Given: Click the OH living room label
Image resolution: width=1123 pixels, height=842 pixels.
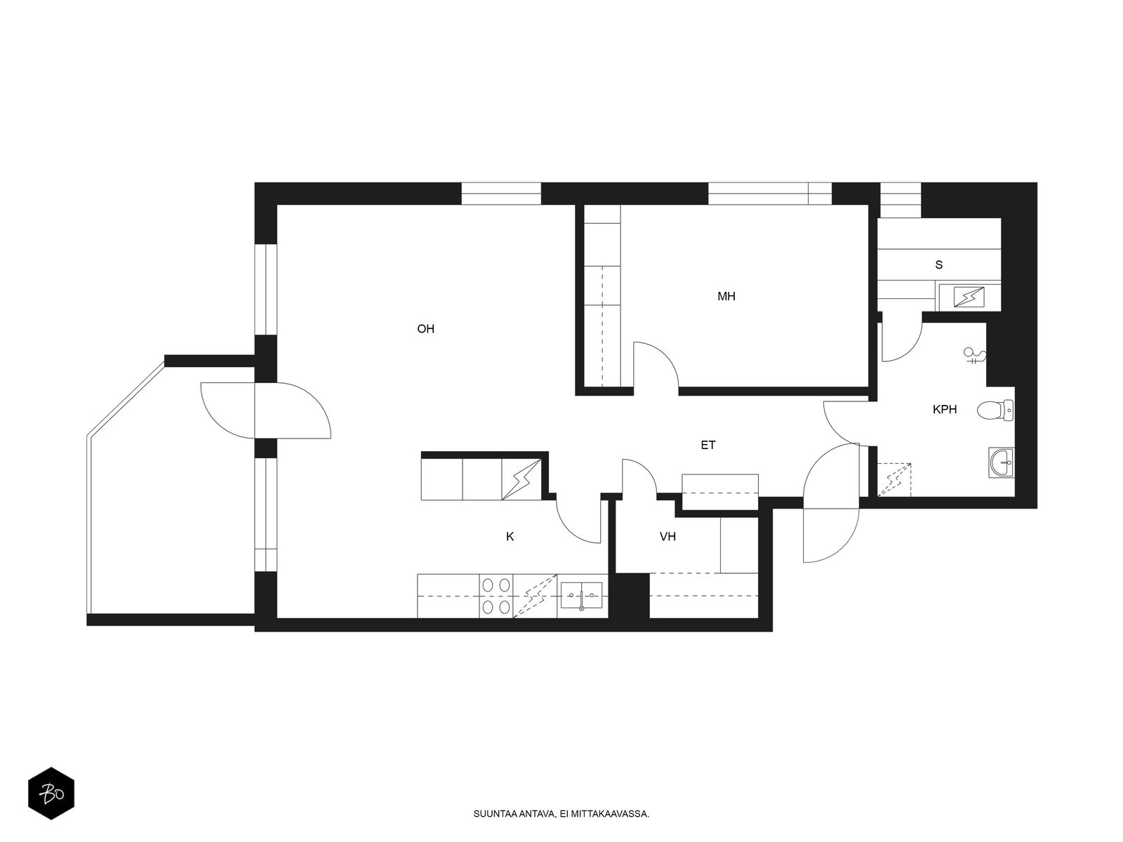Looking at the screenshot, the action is pyautogui.click(x=425, y=328).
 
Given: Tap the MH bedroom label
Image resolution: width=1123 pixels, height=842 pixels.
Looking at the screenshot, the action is pyautogui.click(x=726, y=296).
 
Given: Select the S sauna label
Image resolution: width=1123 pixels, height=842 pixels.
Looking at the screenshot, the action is pyautogui.click(x=939, y=265).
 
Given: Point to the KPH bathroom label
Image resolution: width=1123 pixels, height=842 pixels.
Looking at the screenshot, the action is pyautogui.click(x=945, y=409).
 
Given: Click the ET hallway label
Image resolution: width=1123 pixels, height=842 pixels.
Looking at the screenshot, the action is pyautogui.click(x=708, y=446).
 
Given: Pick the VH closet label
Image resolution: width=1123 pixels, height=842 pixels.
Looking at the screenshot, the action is pyautogui.click(x=667, y=536).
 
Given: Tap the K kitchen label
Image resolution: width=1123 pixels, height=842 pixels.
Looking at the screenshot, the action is pyautogui.click(x=510, y=536).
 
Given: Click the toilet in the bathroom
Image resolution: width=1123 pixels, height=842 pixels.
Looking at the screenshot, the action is pyautogui.click(x=995, y=410).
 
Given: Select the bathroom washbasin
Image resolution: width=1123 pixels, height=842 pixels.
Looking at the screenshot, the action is pyautogui.click(x=1002, y=462).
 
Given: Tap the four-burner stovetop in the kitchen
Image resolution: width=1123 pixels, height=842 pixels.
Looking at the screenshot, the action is pyautogui.click(x=496, y=596).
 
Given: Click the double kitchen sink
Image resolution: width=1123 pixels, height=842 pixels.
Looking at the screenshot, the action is pyautogui.click(x=581, y=596).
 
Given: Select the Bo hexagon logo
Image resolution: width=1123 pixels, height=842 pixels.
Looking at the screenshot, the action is pyautogui.click(x=51, y=794).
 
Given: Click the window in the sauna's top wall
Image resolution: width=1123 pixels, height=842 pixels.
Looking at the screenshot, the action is pyautogui.click(x=901, y=201).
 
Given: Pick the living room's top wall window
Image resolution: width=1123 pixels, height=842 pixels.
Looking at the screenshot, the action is pyautogui.click(x=501, y=194).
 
